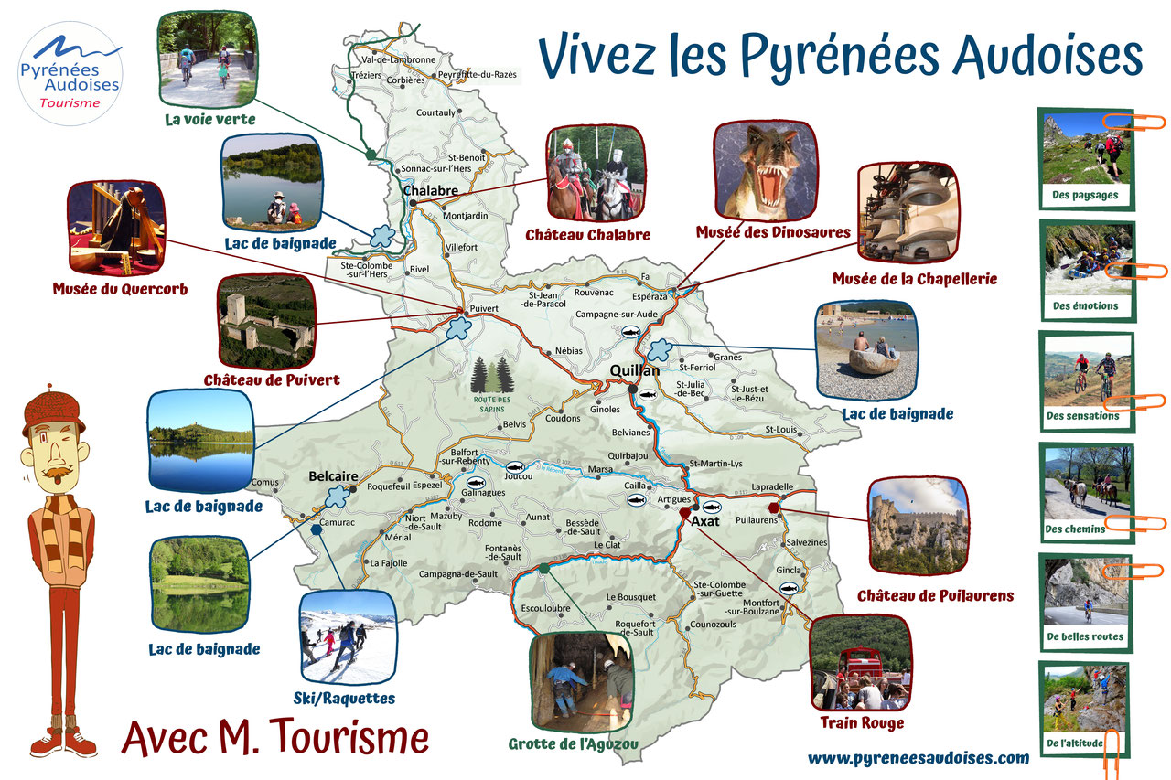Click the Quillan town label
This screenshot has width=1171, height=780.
point(634,371)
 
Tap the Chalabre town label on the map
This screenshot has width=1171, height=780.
point(430,190)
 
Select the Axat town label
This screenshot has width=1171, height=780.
point(706,521)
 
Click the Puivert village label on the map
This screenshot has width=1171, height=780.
point(483,309)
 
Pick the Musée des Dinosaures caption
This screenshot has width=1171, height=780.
point(773,232)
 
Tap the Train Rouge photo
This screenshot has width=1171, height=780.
point(859,663)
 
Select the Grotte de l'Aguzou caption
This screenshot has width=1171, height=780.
point(573,743)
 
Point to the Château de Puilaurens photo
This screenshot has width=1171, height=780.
point(918,526)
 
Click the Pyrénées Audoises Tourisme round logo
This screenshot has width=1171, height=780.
point(70,73)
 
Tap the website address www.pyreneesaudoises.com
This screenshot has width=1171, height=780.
point(918,757)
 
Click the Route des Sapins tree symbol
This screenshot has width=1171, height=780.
point(491,377)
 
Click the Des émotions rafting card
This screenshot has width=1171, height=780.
point(1086,270)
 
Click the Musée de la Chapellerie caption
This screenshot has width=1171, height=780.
point(915,279)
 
